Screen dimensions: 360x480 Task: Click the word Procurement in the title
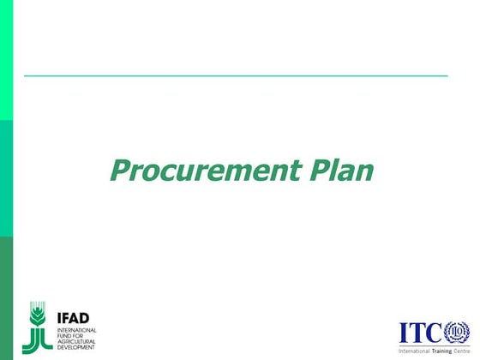pyautogui.click(x=206, y=170)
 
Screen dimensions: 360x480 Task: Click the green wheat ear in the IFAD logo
pyautogui.click(x=37, y=315)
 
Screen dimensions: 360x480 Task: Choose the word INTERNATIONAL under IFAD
pyautogui.click(x=77, y=329)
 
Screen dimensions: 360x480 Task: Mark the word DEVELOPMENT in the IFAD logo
pyautogui.click(x=77, y=347)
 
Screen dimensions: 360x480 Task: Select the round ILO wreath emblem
pyautogui.click(x=456, y=333)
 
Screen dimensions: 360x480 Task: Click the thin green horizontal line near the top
pyautogui.click(x=236, y=76)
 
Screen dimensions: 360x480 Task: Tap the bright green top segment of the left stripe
pyautogui.click(x=6, y=60)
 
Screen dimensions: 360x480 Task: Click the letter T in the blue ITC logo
pyautogui.click(x=417, y=333)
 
